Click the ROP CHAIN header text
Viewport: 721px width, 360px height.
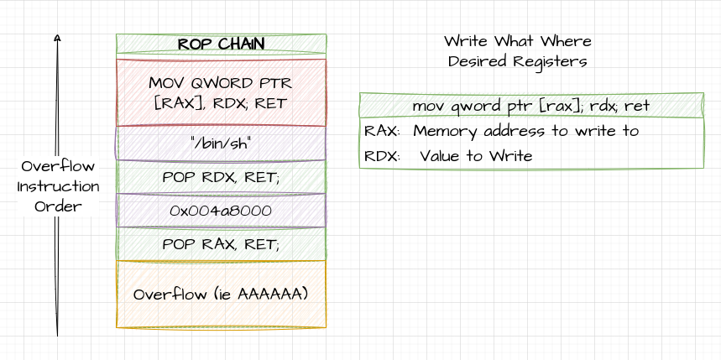pos(221,44)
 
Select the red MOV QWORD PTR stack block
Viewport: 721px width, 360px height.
pos(221,92)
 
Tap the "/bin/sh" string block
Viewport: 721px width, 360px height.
pos(221,143)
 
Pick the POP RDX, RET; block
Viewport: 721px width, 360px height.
pos(221,177)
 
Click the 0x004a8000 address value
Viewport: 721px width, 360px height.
pos(221,211)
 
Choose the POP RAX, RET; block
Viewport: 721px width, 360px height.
pos(221,244)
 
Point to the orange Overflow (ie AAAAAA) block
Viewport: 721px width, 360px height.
pos(221,294)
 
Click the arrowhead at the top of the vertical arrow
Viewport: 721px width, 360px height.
pos(57,37)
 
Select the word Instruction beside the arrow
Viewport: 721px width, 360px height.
pos(58,186)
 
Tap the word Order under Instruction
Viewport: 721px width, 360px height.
pos(58,206)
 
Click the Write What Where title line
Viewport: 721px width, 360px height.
pos(517,41)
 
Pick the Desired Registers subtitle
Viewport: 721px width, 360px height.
pos(517,61)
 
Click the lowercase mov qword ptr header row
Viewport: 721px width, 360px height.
pos(530,106)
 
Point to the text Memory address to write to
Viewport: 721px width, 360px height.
pos(525,131)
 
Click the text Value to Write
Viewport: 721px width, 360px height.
pos(476,156)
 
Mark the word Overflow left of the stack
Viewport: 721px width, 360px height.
pos(58,166)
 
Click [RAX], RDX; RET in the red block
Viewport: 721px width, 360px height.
pos(221,103)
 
